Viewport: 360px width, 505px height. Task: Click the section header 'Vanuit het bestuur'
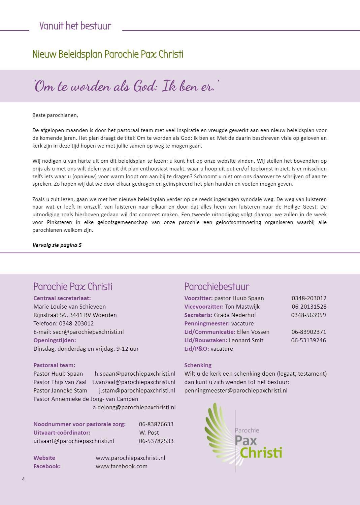pos(75,26)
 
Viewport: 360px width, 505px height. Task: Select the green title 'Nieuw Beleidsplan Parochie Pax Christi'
pos(108,54)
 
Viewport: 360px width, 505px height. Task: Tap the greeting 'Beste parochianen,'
pos(55,115)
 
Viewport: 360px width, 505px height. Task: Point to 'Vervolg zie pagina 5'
pos(57,245)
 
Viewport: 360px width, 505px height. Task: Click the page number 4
pos(24,479)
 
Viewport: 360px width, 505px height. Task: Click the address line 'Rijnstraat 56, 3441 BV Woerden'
pos(75,315)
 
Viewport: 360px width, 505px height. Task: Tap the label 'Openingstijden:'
pos(55,340)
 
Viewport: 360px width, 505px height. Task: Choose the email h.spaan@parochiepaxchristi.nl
pos(135,374)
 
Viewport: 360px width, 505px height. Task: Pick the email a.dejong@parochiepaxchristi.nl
pos(134,407)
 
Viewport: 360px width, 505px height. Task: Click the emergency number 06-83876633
pos(156,424)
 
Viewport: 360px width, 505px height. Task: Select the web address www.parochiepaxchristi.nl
pos(130,458)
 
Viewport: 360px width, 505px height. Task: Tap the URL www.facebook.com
pos(121,466)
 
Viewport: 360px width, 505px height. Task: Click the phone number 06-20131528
pos(309,307)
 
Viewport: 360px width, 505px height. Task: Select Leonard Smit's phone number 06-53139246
pos(308,340)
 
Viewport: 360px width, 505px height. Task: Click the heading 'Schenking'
pos(198,365)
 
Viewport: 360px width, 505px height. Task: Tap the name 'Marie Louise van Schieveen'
pos(69,307)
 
